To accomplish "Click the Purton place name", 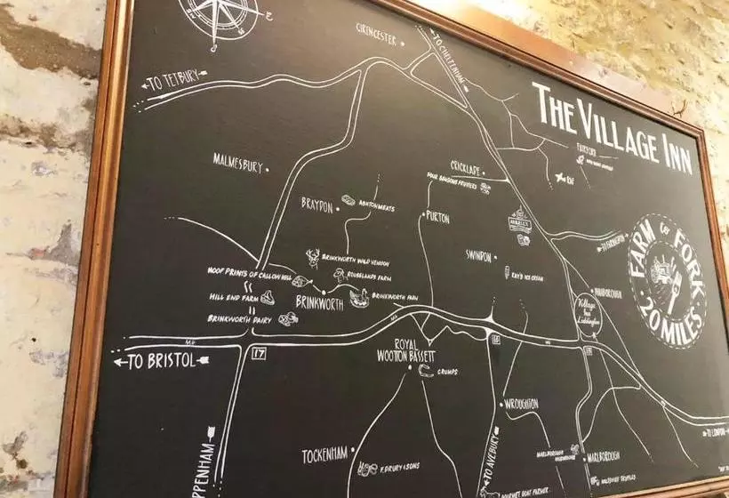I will pos(437,217).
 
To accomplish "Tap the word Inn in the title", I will pos(664,151).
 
